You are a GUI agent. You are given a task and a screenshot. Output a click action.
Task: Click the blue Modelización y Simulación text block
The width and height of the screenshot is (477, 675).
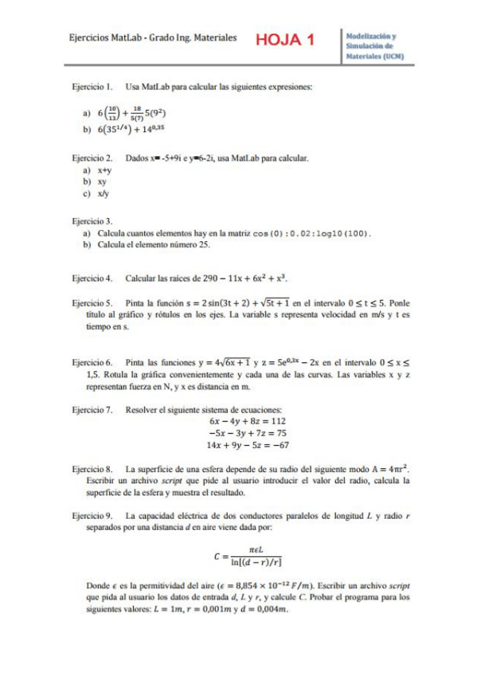(x=375, y=47)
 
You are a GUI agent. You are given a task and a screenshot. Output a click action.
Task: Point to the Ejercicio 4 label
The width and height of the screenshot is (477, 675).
(x=92, y=279)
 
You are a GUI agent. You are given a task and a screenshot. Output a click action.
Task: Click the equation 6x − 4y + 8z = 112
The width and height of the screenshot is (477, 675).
(x=247, y=420)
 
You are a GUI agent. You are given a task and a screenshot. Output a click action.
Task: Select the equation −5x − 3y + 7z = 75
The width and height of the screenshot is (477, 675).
(x=247, y=432)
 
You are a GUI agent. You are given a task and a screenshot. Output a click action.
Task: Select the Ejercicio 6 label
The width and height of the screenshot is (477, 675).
(x=92, y=361)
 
